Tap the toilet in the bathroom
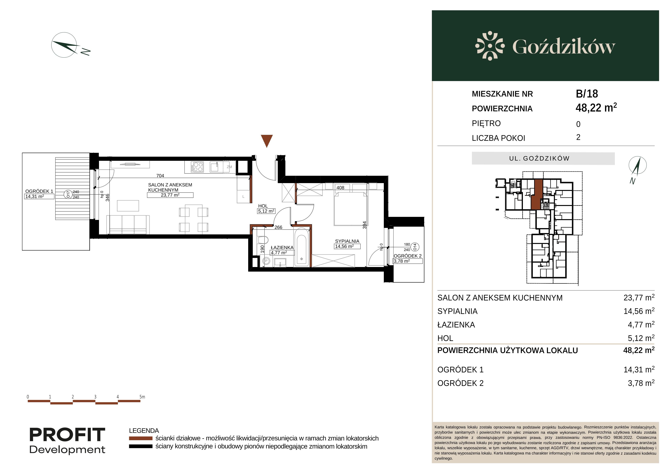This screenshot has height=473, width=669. [263, 240]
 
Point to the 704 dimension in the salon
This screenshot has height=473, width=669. [160, 176]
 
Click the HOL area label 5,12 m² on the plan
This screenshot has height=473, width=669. [266, 211]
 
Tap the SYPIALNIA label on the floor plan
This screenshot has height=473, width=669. [347, 241]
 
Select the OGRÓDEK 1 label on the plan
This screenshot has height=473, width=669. [39, 191]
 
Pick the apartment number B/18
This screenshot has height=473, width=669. [587, 94]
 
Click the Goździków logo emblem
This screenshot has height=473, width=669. [490, 46]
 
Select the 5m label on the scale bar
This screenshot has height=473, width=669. [142, 397]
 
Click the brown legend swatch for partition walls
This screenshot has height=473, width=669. [141, 438]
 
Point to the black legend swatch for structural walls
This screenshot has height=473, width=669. [141, 446]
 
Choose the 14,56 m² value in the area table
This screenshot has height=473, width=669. [639, 311]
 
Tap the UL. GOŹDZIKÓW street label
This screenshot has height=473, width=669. [539, 158]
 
